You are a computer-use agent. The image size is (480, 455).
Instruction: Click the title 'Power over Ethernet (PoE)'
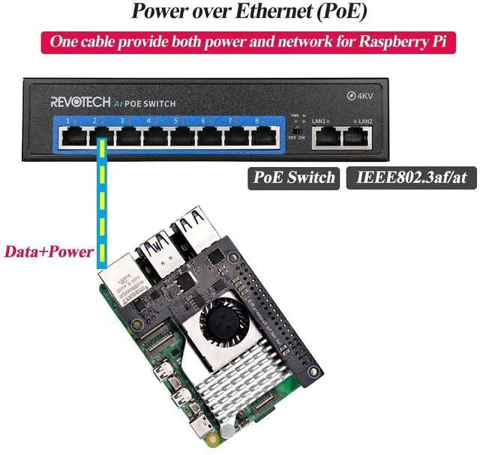pos(239,11)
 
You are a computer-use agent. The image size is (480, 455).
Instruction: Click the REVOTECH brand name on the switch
pos(80,102)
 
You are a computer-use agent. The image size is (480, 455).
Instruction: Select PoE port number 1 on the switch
pos(73,136)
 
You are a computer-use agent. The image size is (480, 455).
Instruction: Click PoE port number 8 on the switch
pos(260,136)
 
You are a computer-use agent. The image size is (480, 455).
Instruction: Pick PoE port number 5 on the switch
pos(181,136)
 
